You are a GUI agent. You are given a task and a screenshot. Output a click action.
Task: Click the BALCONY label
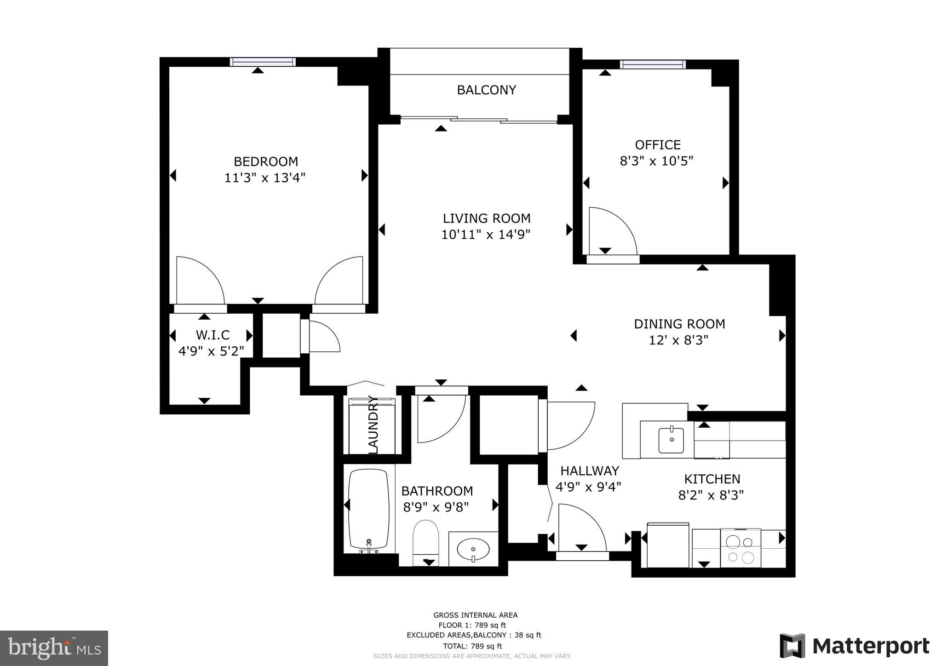pyautogui.click(x=486, y=90)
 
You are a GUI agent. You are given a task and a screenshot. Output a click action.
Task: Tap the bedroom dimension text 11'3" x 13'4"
pyautogui.click(x=265, y=178)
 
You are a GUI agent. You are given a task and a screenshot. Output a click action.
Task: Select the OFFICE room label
pyautogui.click(x=657, y=145)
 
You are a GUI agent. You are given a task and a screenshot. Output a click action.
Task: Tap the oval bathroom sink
pyautogui.click(x=473, y=549)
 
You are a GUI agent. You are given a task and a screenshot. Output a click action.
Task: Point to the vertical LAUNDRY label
pyautogui.click(x=373, y=425)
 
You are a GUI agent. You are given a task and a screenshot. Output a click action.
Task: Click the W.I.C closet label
pyautogui.click(x=213, y=335)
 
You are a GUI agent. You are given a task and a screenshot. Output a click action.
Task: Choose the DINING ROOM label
pyautogui.click(x=679, y=324)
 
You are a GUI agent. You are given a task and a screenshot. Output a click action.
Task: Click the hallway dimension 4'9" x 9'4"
pyautogui.click(x=588, y=487)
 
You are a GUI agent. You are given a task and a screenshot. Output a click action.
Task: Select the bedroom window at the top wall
pyautogui.click(x=263, y=62)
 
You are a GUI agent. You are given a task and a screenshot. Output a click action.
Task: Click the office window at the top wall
pyautogui.click(x=653, y=64)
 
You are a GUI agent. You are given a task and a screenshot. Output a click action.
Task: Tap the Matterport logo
pyautogui.click(x=854, y=646)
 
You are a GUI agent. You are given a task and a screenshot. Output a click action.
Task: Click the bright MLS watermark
pyautogui.click(x=54, y=648)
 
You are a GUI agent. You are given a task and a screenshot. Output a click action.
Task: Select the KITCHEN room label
pyautogui.click(x=712, y=479)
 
